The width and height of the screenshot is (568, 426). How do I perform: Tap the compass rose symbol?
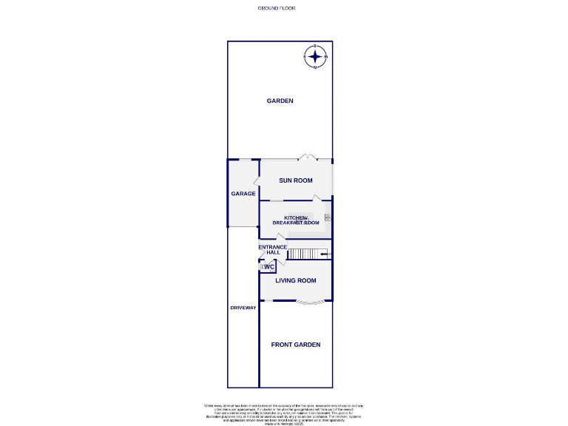click(316, 57)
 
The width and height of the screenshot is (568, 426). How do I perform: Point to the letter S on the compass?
click(316, 47)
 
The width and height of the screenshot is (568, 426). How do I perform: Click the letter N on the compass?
click(316, 68)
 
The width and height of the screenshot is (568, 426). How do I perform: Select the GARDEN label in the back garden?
click(280, 101)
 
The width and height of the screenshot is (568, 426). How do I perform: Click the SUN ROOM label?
click(295, 180)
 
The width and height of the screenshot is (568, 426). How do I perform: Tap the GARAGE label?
click(243, 194)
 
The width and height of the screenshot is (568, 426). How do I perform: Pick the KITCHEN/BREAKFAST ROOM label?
click(296, 220)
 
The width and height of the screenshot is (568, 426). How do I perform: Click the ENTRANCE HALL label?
click(271, 250)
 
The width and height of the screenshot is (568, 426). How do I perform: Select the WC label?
click(268, 267)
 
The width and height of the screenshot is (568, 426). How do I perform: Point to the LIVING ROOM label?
click(296, 280)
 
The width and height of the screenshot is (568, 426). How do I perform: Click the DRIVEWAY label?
click(243, 308)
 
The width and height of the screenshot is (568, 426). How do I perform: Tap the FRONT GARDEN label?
click(296, 345)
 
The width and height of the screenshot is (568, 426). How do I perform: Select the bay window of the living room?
click(309, 302)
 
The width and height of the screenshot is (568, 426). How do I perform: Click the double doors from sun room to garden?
click(307, 158)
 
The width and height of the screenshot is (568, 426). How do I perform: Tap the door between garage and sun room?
click(257, 180)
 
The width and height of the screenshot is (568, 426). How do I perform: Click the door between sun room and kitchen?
click(317, 197)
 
